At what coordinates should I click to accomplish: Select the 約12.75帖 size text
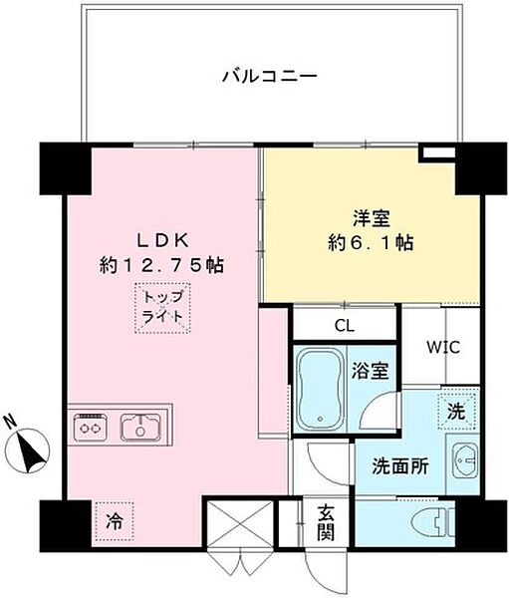[160, 265]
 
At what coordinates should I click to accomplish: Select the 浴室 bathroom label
[375, 372]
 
